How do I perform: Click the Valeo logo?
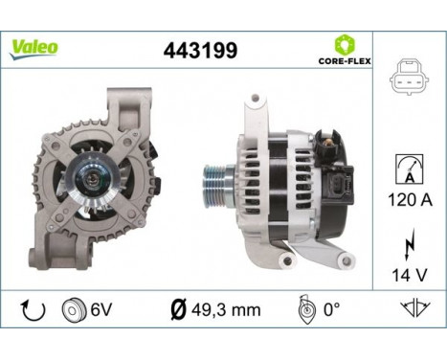coord(34,47)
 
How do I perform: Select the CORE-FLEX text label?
coord(344,60)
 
